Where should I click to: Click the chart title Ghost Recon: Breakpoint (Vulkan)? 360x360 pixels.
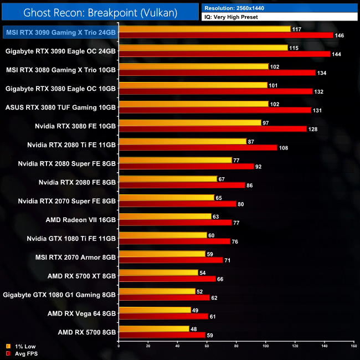pos(100,12)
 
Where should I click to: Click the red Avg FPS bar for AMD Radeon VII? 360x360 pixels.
pos(175,223)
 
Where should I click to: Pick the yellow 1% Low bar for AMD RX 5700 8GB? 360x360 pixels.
pos(153,329)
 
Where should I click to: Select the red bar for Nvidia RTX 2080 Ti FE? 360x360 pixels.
pos(198,148)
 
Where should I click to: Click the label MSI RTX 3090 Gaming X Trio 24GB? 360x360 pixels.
pos(60,33)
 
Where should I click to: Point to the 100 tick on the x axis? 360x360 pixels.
pos(265,346)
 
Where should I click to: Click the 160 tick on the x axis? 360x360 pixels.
pos(353,346)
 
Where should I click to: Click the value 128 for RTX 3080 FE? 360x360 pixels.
pos(314,129)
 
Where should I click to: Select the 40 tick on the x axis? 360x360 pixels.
pos(177,346)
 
